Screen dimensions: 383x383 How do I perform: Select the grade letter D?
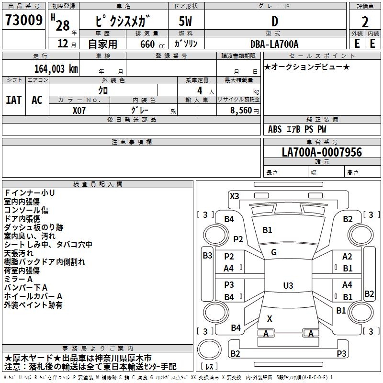[274, 21]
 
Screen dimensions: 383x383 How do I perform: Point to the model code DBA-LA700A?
[274, 44]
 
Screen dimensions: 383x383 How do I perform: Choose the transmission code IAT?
[14, 100]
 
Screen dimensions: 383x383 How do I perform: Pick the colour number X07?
[79, 110]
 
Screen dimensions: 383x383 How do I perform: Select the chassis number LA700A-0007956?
[322, 152]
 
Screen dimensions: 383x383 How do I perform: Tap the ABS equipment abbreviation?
[275, 129]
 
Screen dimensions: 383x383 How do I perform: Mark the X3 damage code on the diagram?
[234, 196]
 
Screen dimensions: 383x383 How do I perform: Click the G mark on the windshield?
[274, 252]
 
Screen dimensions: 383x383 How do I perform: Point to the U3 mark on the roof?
[288, 285]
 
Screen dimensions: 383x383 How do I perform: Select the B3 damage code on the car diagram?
[207, 255]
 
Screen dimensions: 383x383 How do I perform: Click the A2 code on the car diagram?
[347, 257]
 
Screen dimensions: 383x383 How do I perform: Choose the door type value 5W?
[186, 21]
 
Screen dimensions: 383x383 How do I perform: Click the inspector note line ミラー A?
[18, 279]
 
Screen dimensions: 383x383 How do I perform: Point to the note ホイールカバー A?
[33, 296]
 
